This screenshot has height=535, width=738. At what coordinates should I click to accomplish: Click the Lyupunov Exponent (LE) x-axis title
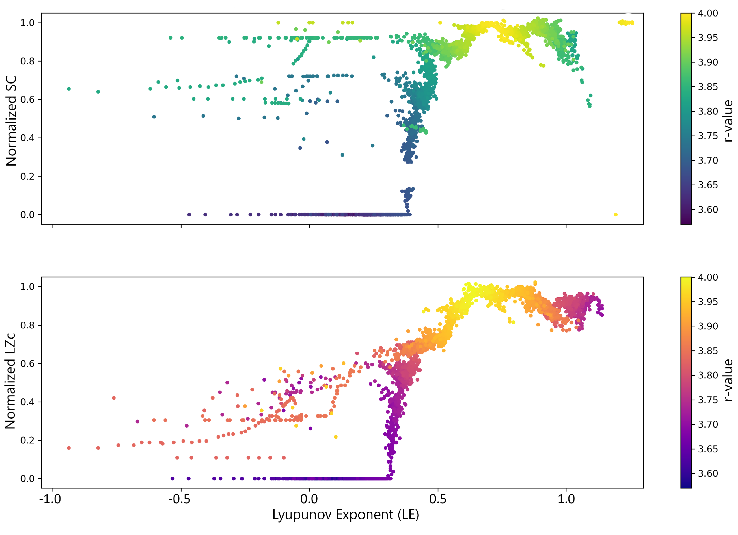pos(346,515)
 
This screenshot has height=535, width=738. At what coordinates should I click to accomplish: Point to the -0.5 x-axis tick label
pos(179,499)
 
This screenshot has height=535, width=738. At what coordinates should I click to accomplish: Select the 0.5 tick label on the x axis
pos(438,499)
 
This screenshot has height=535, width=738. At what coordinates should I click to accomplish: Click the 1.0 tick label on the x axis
pos(566,499)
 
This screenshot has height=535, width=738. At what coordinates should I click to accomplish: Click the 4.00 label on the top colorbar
pos(708,13)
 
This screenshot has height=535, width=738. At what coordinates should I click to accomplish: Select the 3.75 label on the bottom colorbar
pos(708,400)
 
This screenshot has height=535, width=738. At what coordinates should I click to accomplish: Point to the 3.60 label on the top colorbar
pos(708,209)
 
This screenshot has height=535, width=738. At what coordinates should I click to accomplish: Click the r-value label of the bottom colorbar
pos(728,380)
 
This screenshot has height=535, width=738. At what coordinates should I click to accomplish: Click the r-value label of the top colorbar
pos(728,121)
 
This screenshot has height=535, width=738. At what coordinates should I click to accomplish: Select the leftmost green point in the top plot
pos(69,89)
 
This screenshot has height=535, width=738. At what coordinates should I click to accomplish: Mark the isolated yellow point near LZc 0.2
pos(336,437)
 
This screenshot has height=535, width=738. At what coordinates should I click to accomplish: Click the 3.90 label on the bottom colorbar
pos(708,326)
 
